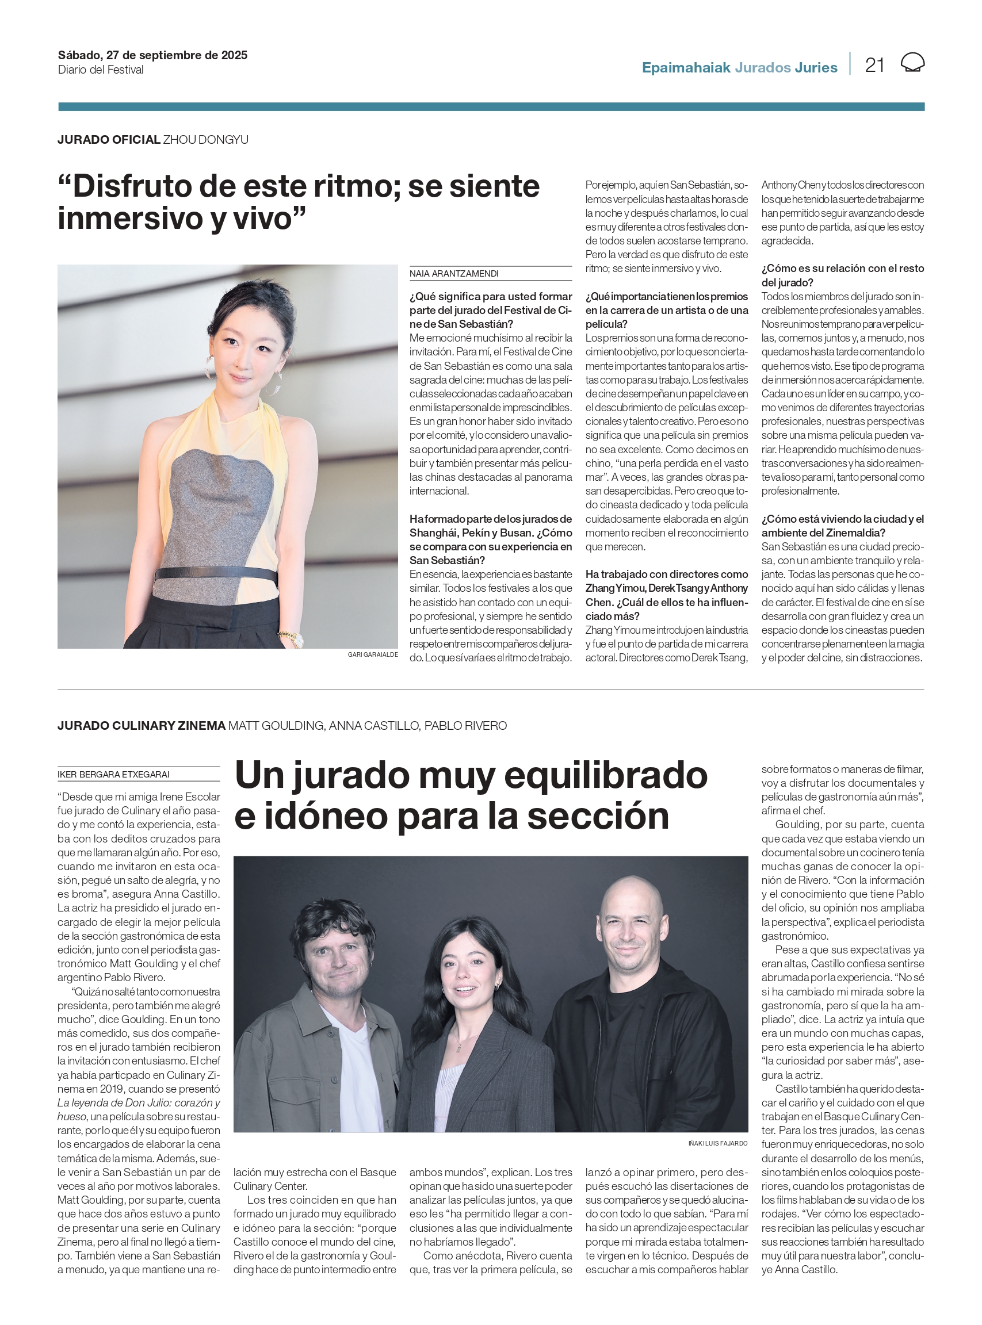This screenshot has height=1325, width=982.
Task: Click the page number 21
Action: click(x=874, y=65)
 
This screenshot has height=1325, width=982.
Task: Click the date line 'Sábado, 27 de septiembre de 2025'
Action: click(x=152, y=55)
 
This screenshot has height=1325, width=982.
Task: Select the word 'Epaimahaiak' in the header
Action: click(x=685, y=68)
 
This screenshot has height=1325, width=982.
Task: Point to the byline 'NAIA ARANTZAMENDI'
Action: click(x=453, y=273)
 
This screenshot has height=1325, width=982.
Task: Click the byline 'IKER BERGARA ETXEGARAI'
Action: click(x=113, y=774)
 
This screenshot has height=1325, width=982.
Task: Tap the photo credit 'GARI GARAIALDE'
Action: click(x=372, y=654)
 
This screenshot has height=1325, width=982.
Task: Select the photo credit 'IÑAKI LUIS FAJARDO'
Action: click(x=717, y=1143)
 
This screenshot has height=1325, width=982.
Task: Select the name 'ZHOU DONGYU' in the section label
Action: click(x=206, y=140)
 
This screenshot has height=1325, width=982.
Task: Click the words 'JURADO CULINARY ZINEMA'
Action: click(x=142, y=726)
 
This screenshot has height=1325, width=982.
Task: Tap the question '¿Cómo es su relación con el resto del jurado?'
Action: click(x=842, y=275)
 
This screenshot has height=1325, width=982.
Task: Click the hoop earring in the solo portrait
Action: click(x=209, y=369)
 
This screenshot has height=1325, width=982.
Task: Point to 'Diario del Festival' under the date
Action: click(x=101, y=70)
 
